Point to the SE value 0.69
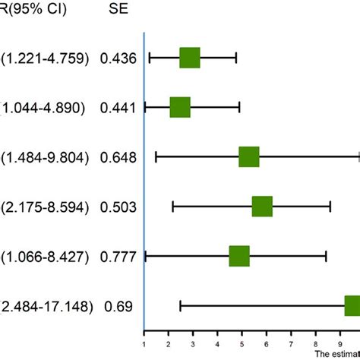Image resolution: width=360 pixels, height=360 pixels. pyautogui.click(x=115, y=306)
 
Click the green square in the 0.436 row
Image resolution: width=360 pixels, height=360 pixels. pyautogui.click(x=189, y=58)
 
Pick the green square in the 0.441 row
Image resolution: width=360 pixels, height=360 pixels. pyautogui.click(x=180, y=107)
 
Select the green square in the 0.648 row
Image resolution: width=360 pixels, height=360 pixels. pyautogui.click(x=249, y=157)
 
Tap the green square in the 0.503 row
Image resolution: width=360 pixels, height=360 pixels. pyautogui.click(x=262, y=207)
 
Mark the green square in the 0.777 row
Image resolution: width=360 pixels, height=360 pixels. pyautogui.click(x=239, y=257)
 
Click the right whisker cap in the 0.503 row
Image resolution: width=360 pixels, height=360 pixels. pyautogui.click(x=330, y=207)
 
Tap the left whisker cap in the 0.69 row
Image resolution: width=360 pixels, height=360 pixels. pyautogui.click(x=180, y=306)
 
